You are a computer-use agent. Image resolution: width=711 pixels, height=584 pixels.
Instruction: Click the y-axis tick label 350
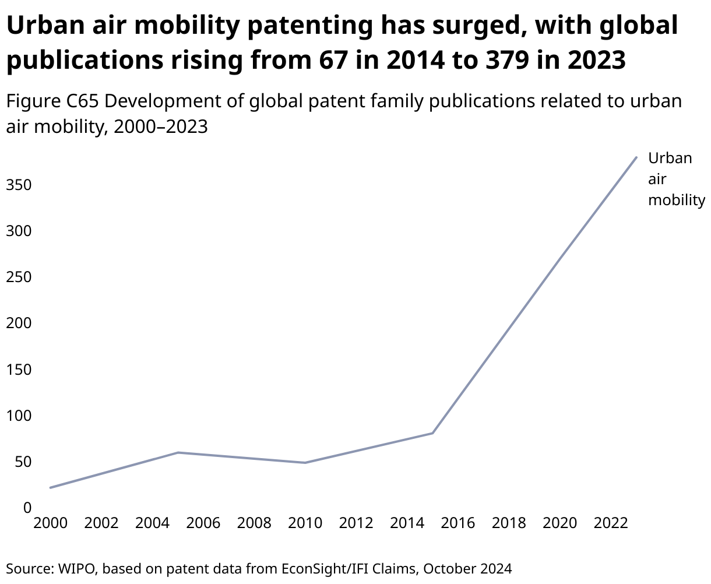[x=18, y=185]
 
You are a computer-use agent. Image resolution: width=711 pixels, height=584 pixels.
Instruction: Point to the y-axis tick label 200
[x=18, y=323]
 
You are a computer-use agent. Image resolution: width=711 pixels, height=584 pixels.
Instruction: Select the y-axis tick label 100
[x=18, y=416]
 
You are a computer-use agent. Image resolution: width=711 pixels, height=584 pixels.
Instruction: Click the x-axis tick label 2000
[x=51, y=523]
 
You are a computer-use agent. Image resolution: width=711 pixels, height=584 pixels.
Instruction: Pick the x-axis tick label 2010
[x=305, y=523]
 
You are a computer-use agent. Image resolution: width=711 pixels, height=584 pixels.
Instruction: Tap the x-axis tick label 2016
[x=458, y=523]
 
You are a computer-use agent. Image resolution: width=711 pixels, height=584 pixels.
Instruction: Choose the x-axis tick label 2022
[x=611, y=523]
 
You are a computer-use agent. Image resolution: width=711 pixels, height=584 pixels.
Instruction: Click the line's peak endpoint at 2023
[x=636, y=157]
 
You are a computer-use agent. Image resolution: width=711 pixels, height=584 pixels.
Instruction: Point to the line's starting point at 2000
[x=51, y=487]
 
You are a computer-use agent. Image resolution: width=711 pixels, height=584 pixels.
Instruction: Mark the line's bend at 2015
[x=432, y=433]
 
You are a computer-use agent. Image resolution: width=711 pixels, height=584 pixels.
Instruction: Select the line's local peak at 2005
[x=178, y=452]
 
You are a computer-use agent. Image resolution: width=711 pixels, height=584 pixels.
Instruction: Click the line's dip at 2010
[x=305, y=463]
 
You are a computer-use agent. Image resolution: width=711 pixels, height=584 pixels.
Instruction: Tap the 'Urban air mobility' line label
[x=676, y=179]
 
